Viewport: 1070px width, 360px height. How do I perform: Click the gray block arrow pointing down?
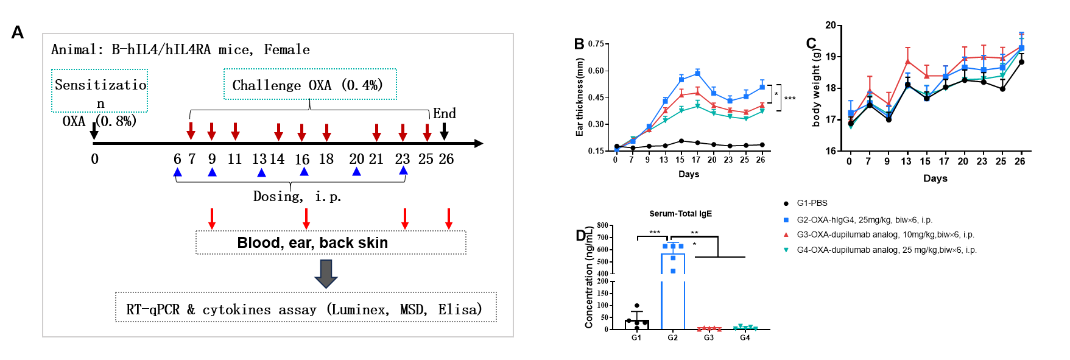tap(326, 274)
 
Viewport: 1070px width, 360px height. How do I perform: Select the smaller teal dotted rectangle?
tap(99, 91)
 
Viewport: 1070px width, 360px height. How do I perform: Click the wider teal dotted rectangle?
tap(310, 84)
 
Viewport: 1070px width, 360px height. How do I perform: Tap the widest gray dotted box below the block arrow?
tap(306, 307)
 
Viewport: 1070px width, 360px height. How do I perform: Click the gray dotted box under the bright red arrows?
tap(331, 242)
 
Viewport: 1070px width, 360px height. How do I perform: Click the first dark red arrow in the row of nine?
tap(191, 131)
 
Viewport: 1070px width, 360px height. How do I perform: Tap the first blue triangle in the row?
tap(177, 172)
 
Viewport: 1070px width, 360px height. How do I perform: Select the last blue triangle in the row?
tap(403, 171)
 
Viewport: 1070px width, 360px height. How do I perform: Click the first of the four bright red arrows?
tap(212, 219)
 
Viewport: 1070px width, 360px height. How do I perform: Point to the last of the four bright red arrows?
tap(449, 219)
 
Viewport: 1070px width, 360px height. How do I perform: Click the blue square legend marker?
tap(786, 220)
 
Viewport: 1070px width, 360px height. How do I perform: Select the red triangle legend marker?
tap(786, 235)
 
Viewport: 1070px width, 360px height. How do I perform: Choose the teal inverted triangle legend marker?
tap(786, 250)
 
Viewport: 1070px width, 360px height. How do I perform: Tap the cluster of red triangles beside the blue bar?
tap(709, 329)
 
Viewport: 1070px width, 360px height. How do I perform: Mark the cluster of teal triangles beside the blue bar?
tap(745, 328)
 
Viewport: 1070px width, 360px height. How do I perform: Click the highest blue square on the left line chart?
tap(698, 72)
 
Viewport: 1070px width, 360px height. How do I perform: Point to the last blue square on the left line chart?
tap(762, 87)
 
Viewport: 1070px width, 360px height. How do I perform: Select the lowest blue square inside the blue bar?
tap(673, 271)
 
